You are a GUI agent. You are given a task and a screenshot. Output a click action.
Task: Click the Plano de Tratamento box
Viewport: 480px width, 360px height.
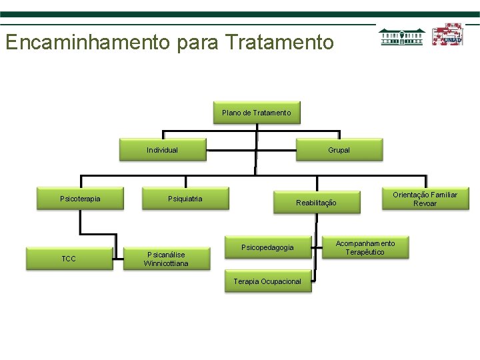coord(257,113)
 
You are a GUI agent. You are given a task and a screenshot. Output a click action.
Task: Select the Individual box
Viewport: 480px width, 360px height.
coord(163,150)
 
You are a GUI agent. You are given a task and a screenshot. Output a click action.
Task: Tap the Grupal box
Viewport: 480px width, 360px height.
coord(339,150)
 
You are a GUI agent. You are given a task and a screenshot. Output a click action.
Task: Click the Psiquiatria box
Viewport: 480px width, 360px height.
coord(185,198)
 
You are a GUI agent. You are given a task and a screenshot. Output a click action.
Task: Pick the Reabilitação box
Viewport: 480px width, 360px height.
coord(316,202)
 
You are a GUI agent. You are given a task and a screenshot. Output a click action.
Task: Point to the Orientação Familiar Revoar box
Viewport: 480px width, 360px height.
coord(425,199)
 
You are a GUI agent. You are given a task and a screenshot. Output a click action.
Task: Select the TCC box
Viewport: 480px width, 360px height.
coord(69,259)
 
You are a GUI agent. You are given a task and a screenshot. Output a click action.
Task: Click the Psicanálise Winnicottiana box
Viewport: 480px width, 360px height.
coord(166,259)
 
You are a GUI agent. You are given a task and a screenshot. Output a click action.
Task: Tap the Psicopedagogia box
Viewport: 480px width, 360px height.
coord(267,247)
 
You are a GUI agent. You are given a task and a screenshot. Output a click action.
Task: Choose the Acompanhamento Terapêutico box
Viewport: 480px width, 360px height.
coord(365,247)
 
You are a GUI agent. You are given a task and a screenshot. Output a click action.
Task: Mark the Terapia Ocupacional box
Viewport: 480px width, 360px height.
coord(267,281)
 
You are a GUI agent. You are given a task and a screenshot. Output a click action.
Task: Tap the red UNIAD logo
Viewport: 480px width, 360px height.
coord(447,35)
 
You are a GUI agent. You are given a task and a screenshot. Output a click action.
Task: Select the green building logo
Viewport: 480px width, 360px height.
coord(402,36)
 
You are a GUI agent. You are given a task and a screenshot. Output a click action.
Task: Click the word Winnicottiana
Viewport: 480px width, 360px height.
coord(166,263)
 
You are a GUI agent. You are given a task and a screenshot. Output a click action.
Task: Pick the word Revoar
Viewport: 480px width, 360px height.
coord(425,203)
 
